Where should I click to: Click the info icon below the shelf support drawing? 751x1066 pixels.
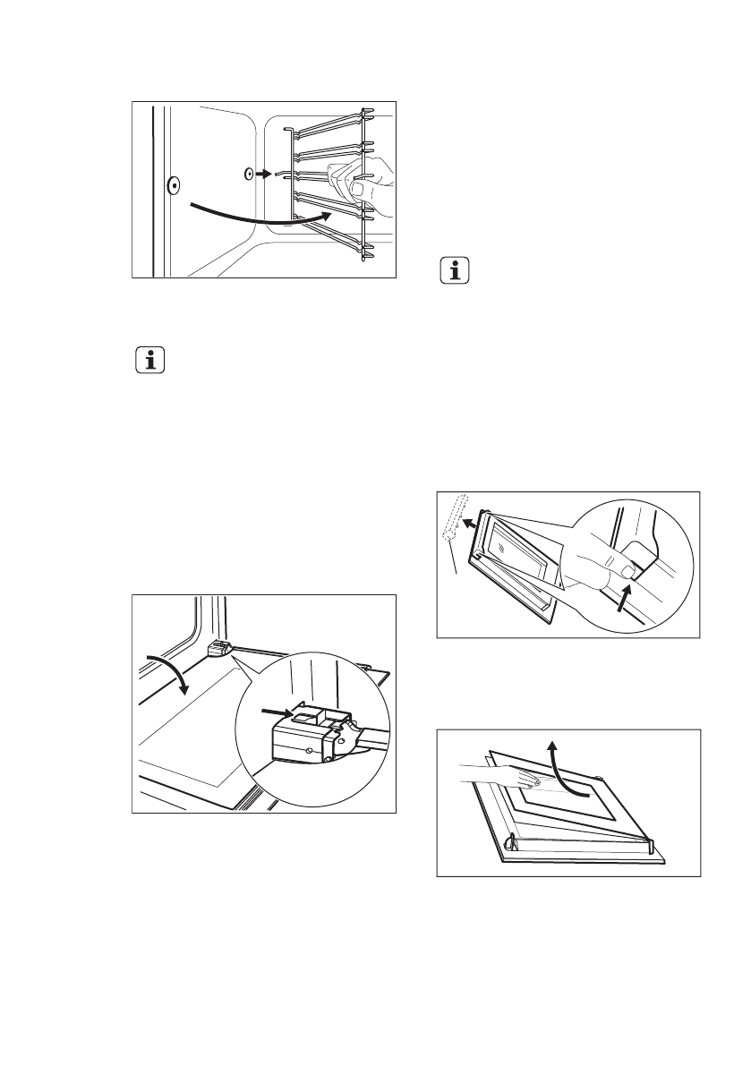tap(150, 362)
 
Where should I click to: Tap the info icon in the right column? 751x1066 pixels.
tap(456, 272)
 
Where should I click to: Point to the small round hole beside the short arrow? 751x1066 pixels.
tap(247, 175)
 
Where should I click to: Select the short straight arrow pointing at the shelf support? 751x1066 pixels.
tap(261, 175)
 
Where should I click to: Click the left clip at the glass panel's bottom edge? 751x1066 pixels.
tap(510, 840)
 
